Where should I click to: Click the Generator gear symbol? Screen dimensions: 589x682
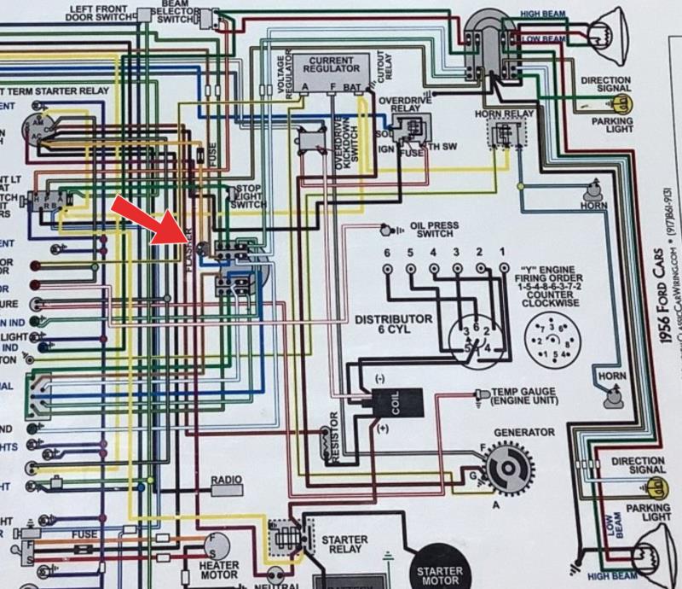click(510, 469)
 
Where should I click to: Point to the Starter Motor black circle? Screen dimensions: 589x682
click(440, 570)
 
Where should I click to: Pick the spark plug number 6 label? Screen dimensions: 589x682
click(386, 253)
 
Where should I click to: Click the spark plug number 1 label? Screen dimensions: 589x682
click(503, 253)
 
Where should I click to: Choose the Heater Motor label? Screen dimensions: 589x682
click(218, 570)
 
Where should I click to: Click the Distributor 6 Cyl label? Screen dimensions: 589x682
click(394, 325)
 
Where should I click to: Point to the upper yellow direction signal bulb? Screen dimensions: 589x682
click(623, 106)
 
